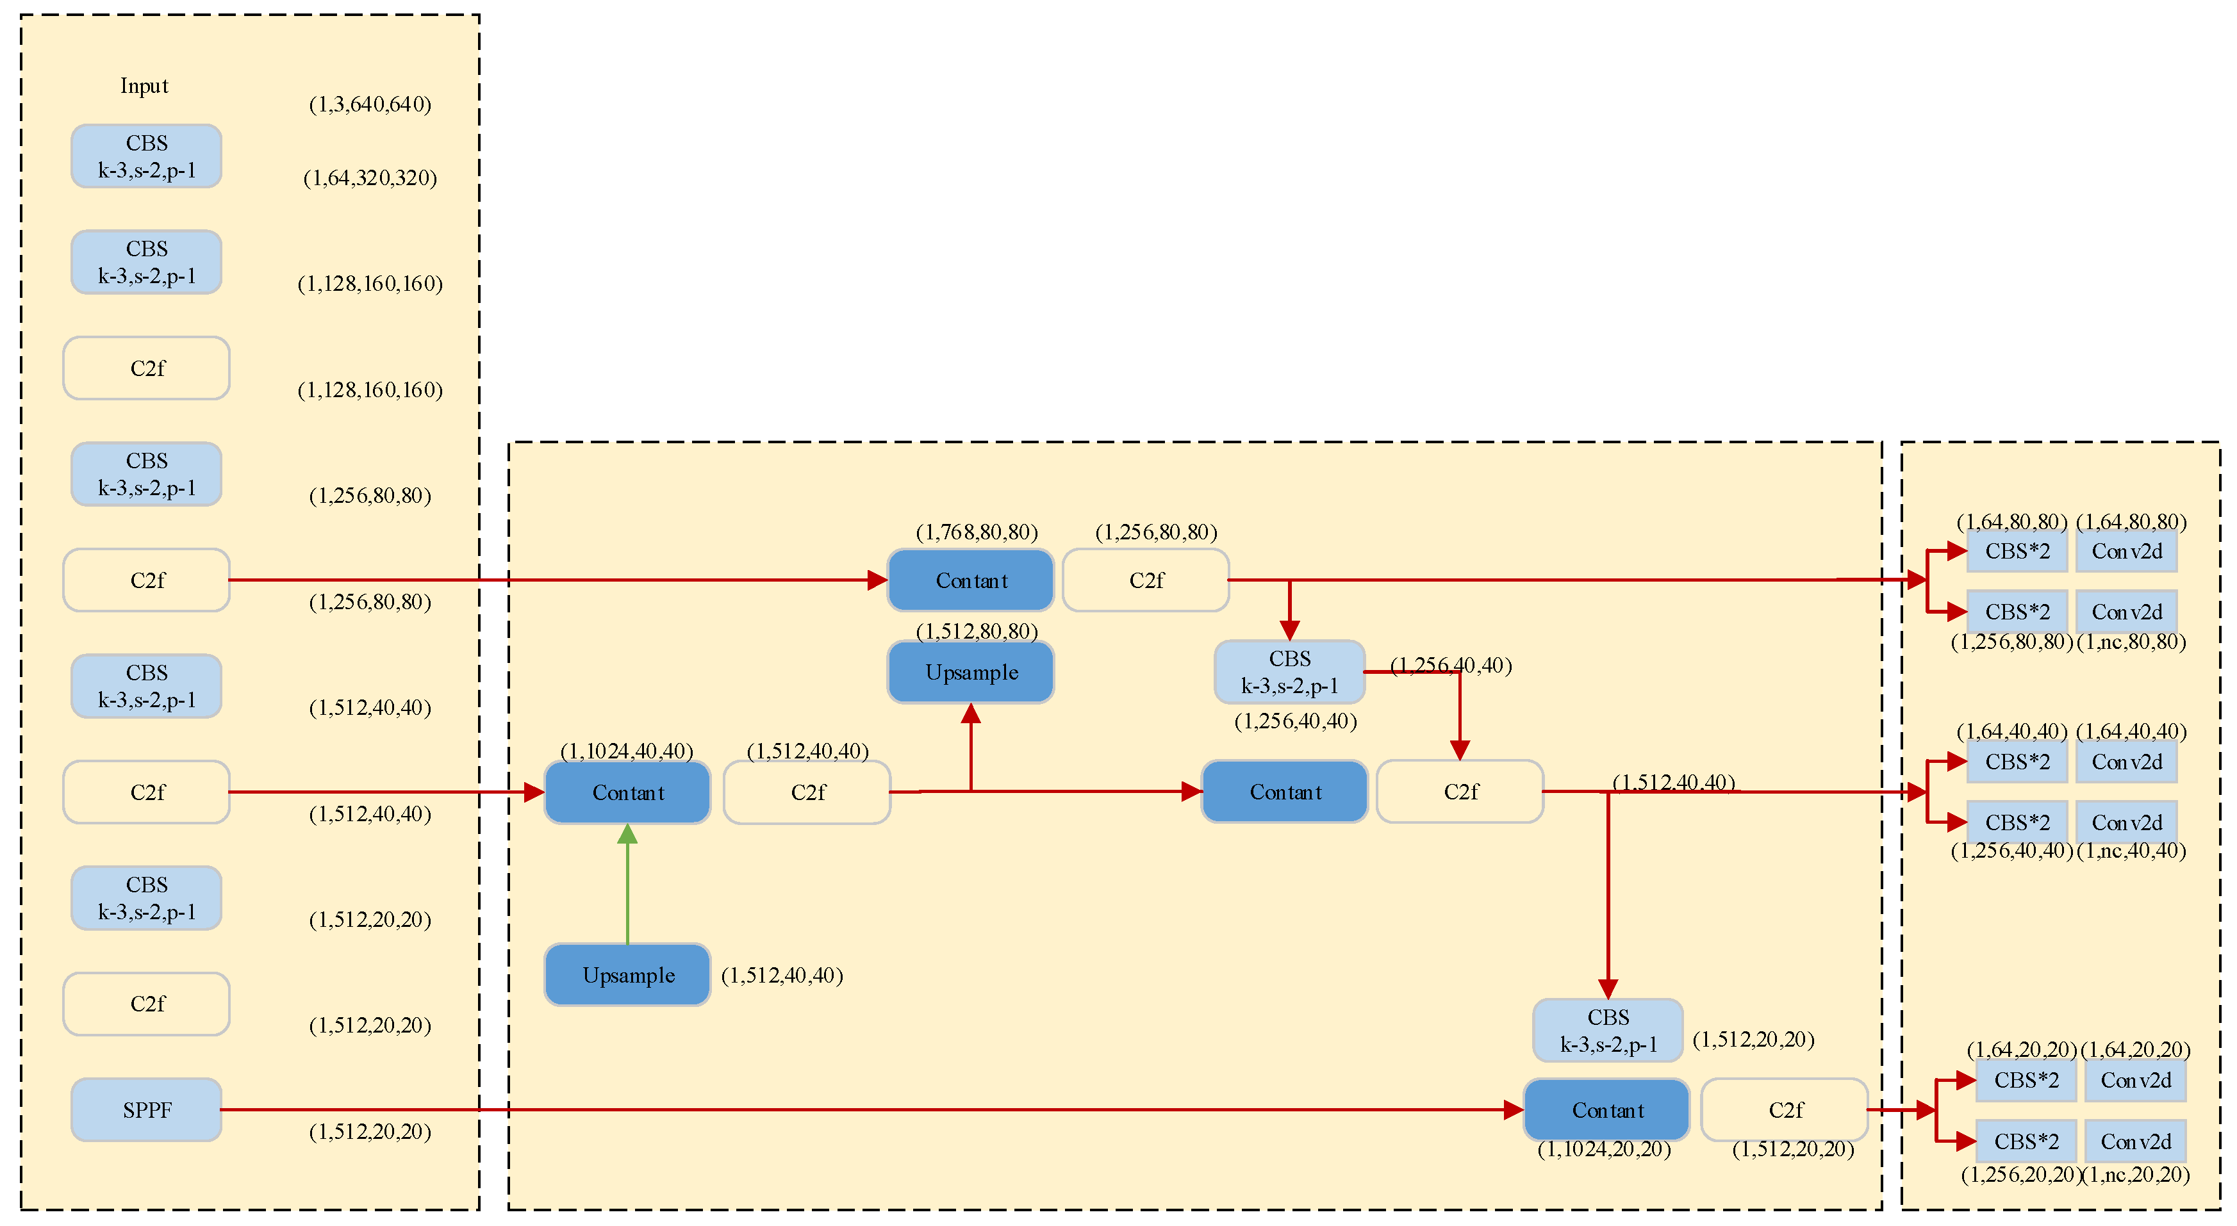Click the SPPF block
[146, 1109]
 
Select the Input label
[144, 86]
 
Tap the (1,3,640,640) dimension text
[370, 104]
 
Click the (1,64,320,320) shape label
[370, 178]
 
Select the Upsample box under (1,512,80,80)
[971, 672]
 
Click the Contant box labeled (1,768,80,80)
[971, 580]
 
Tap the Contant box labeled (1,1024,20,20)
[1606, 1109]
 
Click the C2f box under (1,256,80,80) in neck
[1146, 580]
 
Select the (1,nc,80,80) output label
[2132, 642]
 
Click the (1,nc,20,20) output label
[2136, 1175]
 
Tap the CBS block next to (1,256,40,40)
[1289, 672]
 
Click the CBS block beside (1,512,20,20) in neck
[1608, 1030]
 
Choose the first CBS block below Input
[146, 156]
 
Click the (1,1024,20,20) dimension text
[1604, 1150]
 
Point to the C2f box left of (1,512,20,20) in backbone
[146, 1004]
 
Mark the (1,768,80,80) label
[977, 532]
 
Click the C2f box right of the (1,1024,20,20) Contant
[1785, 1109]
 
